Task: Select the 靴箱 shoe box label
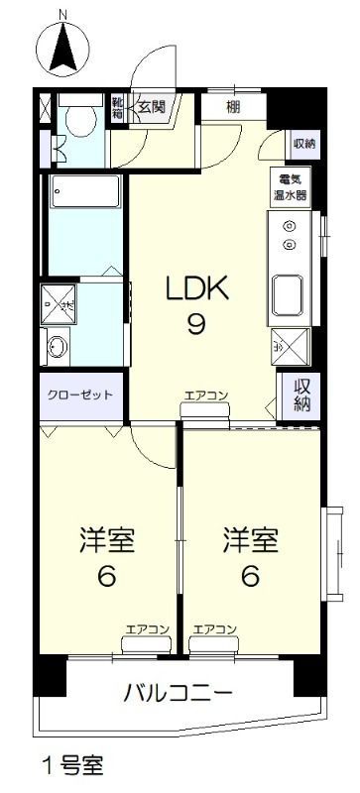(x=118, y=108)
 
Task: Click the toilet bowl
(x=80, y=119)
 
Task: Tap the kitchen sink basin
(x=291, y=294)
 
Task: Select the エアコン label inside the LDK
(x=205, y=397)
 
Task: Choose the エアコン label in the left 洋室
(x=147, y=629)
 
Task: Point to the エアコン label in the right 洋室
(x=213, y=629)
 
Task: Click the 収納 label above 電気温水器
(x=303, y=143)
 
